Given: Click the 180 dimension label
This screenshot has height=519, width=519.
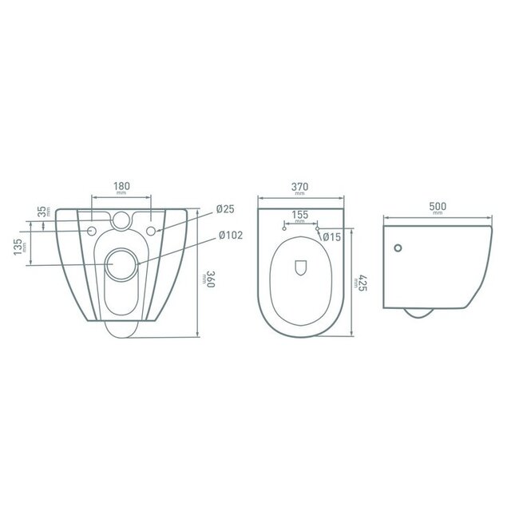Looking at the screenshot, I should [121, 187].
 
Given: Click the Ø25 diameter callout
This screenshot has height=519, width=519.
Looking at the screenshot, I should [225, 210].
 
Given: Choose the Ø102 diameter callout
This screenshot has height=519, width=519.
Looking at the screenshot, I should [229, 236].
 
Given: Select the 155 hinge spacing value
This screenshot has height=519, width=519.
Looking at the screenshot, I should [299, 215].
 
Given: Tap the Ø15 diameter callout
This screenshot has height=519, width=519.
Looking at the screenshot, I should [332, 236].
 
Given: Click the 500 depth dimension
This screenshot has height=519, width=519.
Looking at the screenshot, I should [438, 205].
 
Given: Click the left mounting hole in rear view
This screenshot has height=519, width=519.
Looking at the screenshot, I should [93, 232].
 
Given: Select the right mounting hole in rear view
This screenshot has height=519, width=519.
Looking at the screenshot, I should [151, 232].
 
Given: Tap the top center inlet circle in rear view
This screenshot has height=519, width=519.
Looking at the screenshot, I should [122, 219].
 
